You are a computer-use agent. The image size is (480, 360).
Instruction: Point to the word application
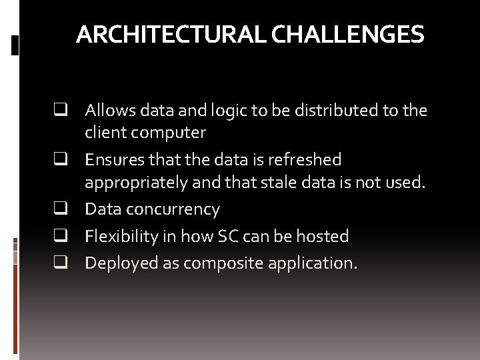pos(312,264)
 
